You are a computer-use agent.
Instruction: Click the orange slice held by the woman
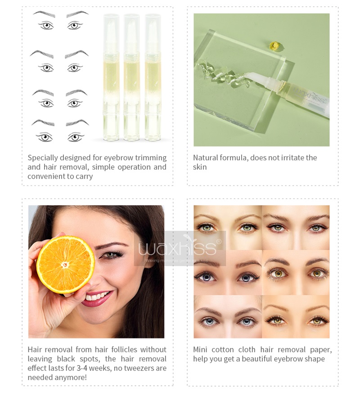[x=65, y=264]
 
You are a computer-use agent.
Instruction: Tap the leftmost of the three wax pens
[x=111, y=77]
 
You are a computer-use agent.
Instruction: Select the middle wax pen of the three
[x=131, y=77]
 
